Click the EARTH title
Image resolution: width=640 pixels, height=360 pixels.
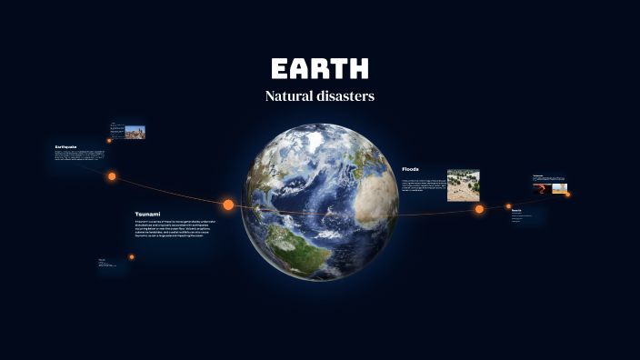[320, 69]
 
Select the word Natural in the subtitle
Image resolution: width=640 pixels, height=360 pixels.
[289, 95]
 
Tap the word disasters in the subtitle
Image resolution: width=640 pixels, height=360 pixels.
[345, 95]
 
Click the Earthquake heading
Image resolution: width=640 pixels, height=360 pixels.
[65, 146]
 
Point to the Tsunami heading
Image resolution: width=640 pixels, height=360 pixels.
[147, 214]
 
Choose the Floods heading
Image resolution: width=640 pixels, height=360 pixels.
[410, 169]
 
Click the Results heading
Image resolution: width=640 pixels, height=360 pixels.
[516, 210]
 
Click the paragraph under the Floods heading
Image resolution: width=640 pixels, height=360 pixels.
[422, 185]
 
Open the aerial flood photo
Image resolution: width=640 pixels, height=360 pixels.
[463, 185]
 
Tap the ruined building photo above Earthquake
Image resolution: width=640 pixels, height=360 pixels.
[135, 132]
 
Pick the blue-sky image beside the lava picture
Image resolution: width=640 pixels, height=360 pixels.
[559, 188]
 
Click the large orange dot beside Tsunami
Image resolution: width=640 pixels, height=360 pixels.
[228, 205]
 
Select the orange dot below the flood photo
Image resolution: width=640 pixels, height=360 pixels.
[479, 209]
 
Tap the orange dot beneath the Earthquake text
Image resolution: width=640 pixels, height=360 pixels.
[112, 176]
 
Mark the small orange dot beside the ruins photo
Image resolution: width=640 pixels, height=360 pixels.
[109, 140]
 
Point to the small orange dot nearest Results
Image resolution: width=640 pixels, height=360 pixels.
[509, 205]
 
